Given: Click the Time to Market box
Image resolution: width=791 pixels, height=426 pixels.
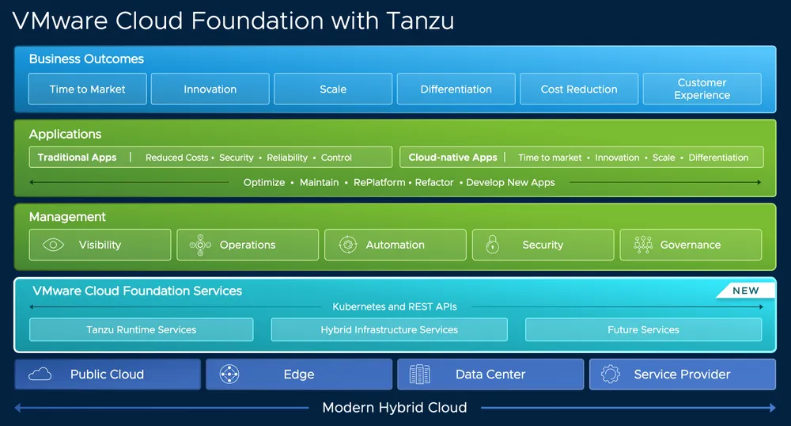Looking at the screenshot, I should (88, 89).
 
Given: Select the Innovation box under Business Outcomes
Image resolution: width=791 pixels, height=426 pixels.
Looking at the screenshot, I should (210, 89).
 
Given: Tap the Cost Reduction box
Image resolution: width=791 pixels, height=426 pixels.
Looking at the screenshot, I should (579, 89).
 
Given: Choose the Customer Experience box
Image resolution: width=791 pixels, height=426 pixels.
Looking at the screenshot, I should (702, 89).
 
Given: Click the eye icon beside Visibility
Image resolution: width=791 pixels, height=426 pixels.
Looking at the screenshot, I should (52, 245).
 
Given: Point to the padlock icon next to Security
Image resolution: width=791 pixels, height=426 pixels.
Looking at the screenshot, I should (492, 245).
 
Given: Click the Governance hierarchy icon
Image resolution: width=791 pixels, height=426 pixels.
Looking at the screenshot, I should (642, 245).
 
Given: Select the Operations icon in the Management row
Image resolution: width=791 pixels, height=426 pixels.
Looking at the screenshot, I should (200, 245).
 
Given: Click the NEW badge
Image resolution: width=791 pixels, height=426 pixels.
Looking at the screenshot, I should (745, 291).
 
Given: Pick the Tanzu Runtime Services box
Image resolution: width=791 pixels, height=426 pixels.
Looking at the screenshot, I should (142, 329).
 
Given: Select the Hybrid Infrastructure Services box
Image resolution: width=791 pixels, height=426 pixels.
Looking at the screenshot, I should (389, 329).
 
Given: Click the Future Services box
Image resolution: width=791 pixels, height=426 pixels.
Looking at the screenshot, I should (643, 329).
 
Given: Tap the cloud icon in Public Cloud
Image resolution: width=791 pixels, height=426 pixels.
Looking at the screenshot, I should (40, 375).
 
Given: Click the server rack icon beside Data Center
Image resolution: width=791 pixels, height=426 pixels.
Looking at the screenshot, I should (420, 375).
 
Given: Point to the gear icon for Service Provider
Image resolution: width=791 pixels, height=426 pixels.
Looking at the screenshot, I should (610, 375).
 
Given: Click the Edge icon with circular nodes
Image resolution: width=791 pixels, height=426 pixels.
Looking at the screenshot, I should (229, 375).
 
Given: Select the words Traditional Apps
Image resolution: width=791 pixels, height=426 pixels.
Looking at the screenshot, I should (77, 158).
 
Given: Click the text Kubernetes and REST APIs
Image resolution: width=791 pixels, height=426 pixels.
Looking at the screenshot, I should (395, 306).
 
